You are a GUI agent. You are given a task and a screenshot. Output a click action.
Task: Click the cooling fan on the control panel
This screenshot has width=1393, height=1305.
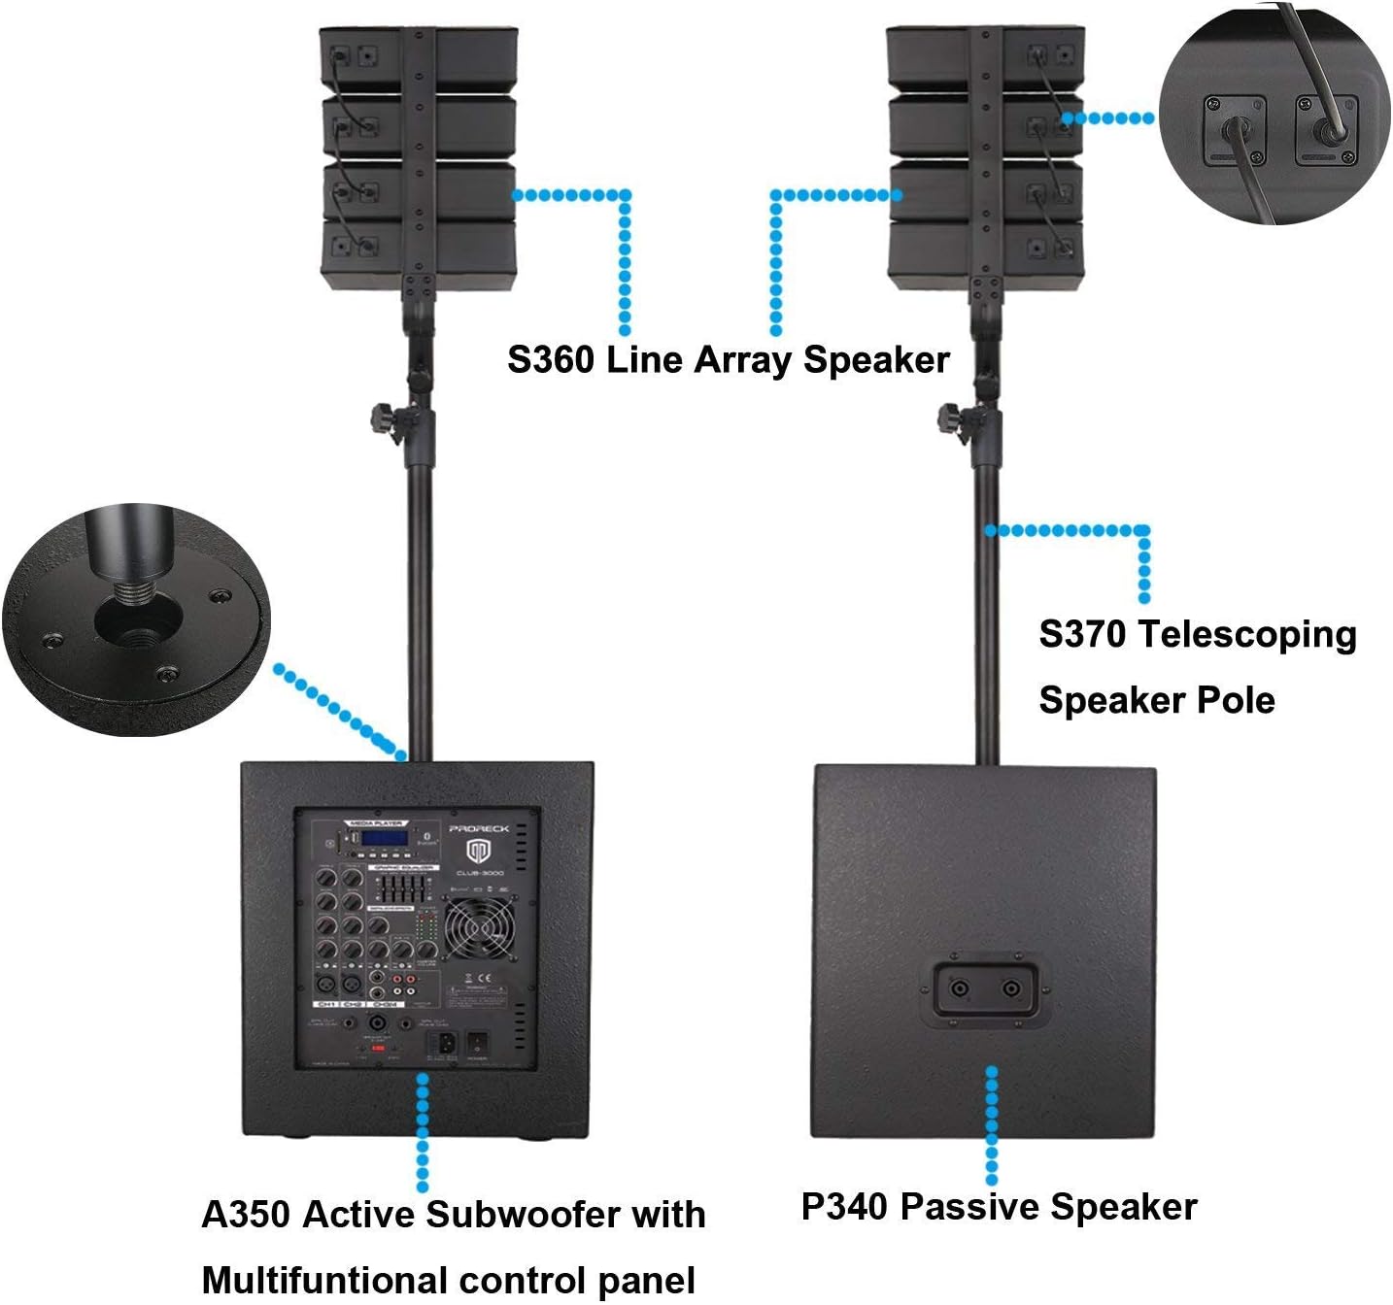click(x=480, y=927)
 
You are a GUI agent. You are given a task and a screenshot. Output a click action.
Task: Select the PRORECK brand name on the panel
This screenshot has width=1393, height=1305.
click(x=478, y=828)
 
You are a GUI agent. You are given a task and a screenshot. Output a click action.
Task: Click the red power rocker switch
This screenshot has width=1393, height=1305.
click(x=477, y=1045)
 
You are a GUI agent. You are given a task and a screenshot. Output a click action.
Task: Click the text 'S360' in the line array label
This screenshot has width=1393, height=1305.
click(x=550, y=360)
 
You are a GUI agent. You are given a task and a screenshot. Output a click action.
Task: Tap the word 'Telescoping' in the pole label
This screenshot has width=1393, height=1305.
click(x=1247, y=635)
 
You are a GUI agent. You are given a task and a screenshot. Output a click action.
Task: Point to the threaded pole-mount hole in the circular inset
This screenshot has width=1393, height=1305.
click(x=136, y=620)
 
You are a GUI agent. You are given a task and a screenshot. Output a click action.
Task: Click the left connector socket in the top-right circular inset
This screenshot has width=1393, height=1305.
click(x=1233, y=131)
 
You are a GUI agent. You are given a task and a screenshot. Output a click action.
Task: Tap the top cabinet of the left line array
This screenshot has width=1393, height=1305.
click(x=418, y=58)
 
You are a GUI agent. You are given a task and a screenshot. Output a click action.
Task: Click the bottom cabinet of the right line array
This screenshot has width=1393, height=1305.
click(x=984, y=254)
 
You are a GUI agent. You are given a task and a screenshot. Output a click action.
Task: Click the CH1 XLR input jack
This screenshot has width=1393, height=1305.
click(x=326, y=984)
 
